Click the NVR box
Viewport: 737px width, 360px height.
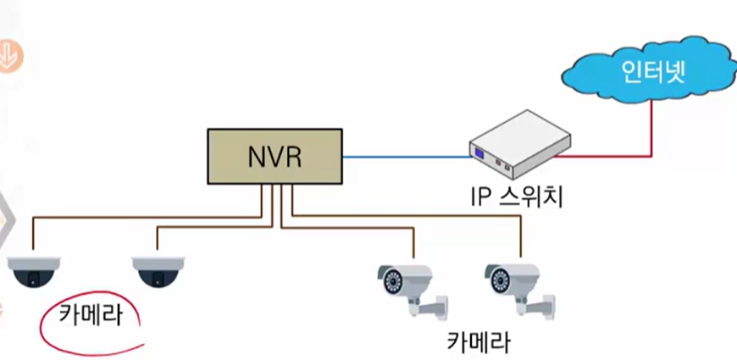coord(275,158)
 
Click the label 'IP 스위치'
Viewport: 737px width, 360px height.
coord(517,198)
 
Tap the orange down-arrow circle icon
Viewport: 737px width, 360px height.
coord(10,56)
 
